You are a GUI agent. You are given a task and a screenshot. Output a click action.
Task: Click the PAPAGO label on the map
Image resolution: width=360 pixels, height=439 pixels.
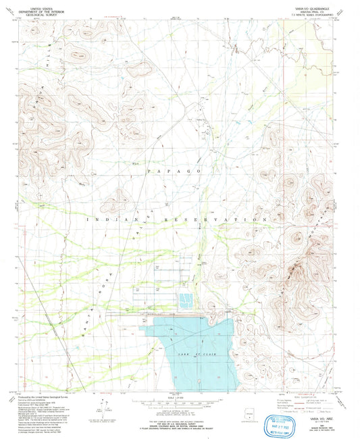point(177,173)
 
